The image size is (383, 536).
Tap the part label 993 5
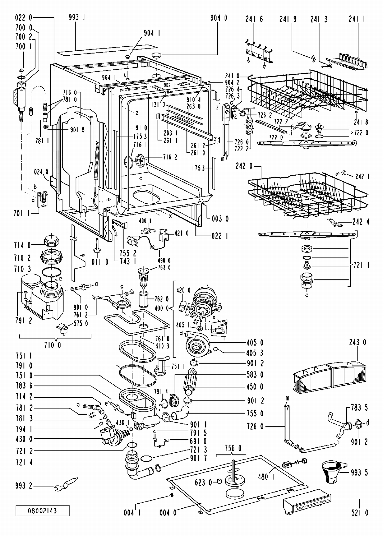pyautogui.click(x=359, y=473)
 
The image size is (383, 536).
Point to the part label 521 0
pyautogui.click(x=360, y=513)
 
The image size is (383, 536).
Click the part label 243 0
pyautogui.click(x=357, y=342)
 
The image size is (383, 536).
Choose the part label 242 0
pyautogui.click(x=244, y=166)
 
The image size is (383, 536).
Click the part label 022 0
pyautogui.click(x=24, y=18)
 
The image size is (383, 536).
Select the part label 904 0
pyautogui.click(x=219, y=18)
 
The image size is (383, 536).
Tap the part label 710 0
pyautogui.click(x=52, y=345)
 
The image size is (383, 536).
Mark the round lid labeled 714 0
pyautogui.click(x=52, y=240)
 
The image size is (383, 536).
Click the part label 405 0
pyautogui.click(x=255, y=343)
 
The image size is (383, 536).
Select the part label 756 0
pyautogui.click(x=233, y=448)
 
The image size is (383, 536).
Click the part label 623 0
pyautogui.click(x=203, y=482)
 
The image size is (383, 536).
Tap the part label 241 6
pyautogui.click(x=254, y=19)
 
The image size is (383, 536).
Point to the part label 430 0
pyautogui.click(x=24, y=439)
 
